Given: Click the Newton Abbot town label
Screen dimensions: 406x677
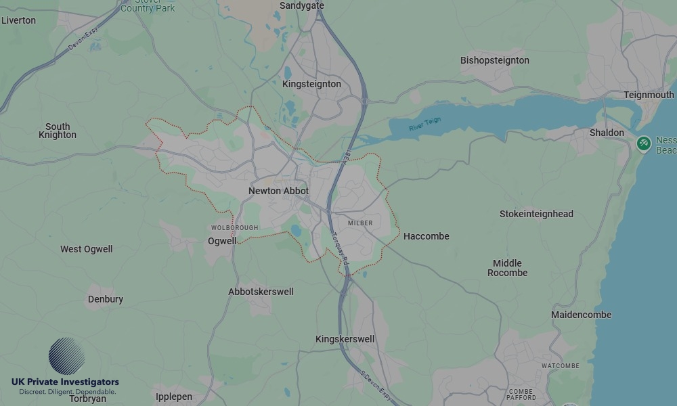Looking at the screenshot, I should (x=278, y=191).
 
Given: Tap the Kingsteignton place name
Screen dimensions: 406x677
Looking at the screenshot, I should (x=311, y=84).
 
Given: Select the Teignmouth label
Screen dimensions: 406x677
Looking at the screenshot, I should (x=649, y=95).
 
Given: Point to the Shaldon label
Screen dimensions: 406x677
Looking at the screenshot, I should (x=607, y=133).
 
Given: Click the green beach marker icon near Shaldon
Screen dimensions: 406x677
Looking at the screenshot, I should (x=644, y=143).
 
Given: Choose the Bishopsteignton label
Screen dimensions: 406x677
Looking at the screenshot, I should (x=494, y=60).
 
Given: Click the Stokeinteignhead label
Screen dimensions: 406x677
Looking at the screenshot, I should (x=536, y=214).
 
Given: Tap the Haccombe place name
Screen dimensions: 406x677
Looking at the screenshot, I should (x=426, y=236).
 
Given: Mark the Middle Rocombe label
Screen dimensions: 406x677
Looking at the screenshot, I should (x=507, y=268).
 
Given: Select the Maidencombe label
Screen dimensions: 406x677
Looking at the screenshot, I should (x=581, y=315).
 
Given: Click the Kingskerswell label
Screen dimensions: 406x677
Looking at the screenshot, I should (x=345, y=339).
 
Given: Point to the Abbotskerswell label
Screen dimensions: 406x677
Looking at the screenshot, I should (x=261, y=292).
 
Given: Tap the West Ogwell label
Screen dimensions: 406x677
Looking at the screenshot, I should (x=87, y=249).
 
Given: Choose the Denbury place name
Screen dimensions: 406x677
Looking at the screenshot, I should (x=106, y=299).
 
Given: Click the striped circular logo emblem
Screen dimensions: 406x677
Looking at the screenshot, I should (x=66, y=356).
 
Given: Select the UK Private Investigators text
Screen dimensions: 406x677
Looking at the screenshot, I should (x=65, y=382).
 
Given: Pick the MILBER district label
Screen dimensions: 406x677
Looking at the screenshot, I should (x=360, y=223).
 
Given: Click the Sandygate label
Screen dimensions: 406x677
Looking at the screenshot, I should (x=302, y=5).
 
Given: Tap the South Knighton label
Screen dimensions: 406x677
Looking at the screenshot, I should (x=58, y=131).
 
